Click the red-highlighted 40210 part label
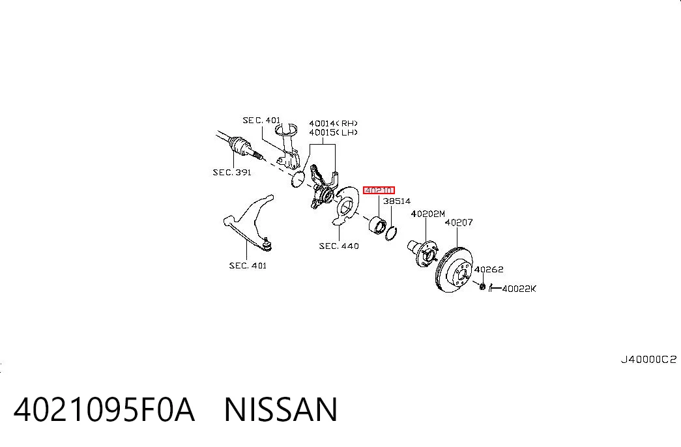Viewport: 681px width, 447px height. [x=379, y=190]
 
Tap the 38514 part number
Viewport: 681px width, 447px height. [x=396, y=201]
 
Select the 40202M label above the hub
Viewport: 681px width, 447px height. [x=427, y=214]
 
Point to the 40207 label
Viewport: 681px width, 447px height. [x=459, y=222]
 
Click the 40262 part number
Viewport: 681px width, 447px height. [x=489, y=269]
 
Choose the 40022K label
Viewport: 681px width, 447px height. [x=519, y=289]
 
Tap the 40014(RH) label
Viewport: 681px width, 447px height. [x=334, y=123]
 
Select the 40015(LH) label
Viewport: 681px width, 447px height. [x=334, y=132]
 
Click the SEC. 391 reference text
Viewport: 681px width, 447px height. [x=232, y=173]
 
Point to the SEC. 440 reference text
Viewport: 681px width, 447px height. [x=339, y=246]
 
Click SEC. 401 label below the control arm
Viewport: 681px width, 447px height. [x=248, y=265]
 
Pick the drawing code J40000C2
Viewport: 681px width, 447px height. [x=648, y=360]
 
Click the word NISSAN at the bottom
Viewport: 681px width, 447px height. [x=281, y=409]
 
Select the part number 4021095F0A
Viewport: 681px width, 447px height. [x=104, y=409]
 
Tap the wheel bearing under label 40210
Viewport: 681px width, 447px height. [x=377, y=225]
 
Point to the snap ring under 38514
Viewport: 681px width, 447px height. [x=391, y=233]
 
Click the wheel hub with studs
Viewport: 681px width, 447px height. [x=422, y=252]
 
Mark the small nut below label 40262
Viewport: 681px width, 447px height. [x=482, y=286]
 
